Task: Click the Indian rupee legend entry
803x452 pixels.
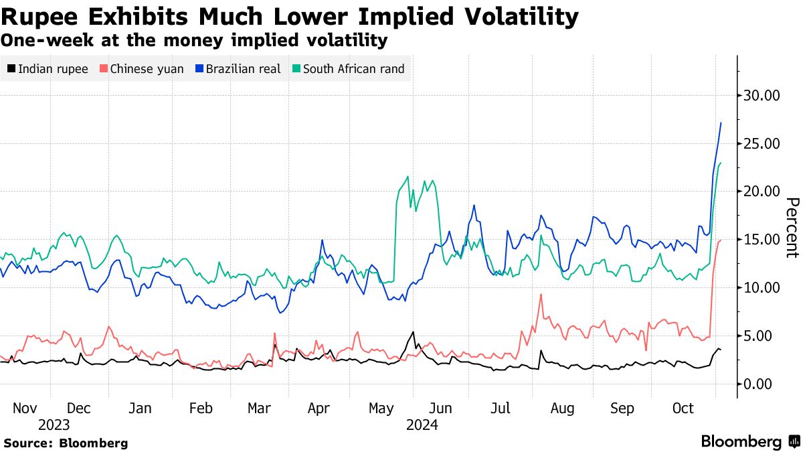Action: coord(48,68)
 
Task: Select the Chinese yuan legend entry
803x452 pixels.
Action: coord(141,68)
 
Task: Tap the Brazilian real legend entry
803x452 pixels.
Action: coord(238,68)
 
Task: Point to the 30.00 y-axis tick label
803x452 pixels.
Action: coord(762,96)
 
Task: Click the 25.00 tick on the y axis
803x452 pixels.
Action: coord(762,143)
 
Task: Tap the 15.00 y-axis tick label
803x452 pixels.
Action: coord(762,240)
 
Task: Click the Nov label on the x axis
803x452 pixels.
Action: coord(24,408)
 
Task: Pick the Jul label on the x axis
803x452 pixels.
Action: coord(501,408)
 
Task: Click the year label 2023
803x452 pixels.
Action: coord(54,425)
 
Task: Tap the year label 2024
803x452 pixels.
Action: coord(422,425)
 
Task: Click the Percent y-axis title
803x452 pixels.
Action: coord(792,228)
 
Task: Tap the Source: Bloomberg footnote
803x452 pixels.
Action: coord(66,443)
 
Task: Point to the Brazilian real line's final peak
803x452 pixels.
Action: coord(721,123)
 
